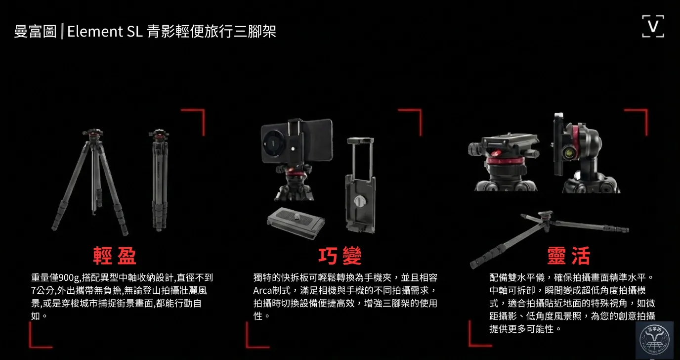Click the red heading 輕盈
click(115, 255)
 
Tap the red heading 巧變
click(340, 256)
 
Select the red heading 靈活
click(569, 256)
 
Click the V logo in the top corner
click(653, 26)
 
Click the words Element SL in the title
click(105, 31)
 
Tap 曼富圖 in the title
click(35, 31)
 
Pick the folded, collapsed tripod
click(159, 180)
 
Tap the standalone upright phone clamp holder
click(361, 185)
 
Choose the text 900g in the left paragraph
click(69, 278)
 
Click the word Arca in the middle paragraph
click(262, 291)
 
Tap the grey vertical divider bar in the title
click(62, 31)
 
